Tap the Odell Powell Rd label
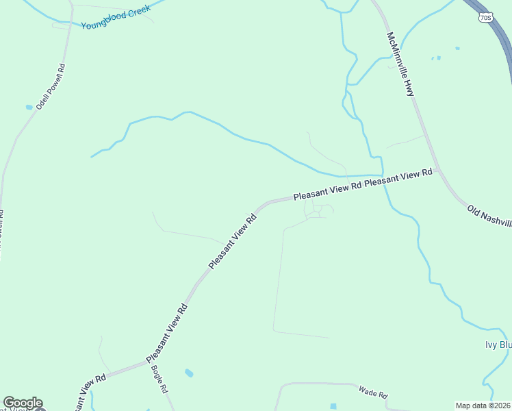point(51,87)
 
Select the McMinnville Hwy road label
point(401,64)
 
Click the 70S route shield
point(485,17)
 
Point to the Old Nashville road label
point(489,215)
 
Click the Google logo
point(23,403)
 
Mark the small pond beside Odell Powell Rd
point(29,107)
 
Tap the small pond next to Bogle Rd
point(188,373)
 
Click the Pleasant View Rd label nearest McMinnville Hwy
point(399,179)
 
